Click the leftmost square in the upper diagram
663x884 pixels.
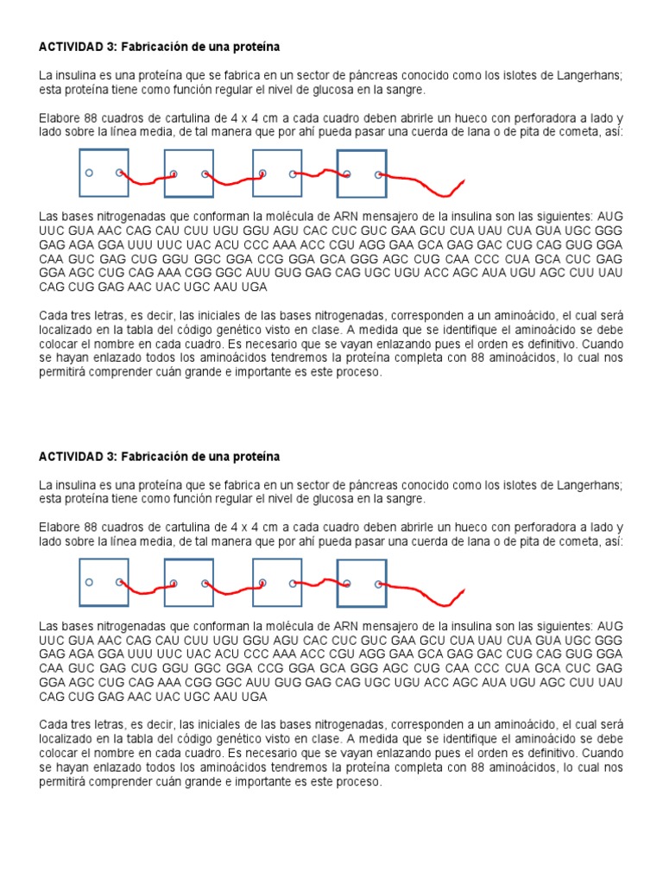(x=104, y=173)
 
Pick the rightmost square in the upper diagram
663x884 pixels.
(x=361, y=174)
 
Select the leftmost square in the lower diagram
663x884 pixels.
(x=104, y=583)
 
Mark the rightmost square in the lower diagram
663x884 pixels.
(x=361, y=584)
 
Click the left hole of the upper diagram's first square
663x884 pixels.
(x=89, y=173)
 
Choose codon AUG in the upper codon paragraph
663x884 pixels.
(x=609, y=215)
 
